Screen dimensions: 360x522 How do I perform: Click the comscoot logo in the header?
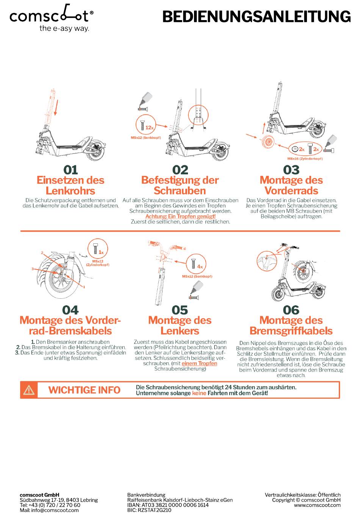click(x=52, y=18)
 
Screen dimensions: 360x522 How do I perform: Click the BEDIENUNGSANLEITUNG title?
click(x=256, y=17)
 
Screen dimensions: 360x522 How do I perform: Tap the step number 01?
click(x=70, y=170)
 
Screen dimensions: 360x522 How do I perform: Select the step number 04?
click(x=70, y=310)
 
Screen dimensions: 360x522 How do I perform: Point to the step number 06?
click(x=291, y=310)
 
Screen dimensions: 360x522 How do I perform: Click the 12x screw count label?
click(x=149, y=127)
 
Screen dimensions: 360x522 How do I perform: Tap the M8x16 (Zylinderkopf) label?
click(x=305, y=159)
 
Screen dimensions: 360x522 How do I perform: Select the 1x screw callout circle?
click(x=98, y=249)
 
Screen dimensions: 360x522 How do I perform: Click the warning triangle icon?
click(x=29, y=390)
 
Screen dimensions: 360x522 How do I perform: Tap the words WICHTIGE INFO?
click(x=85, y=390)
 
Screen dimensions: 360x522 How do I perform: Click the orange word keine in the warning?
click(x=199, y=393)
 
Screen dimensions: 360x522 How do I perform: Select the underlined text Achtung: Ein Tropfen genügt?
click(x=180, y=216)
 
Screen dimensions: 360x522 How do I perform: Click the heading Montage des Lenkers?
click(x=180, y=326)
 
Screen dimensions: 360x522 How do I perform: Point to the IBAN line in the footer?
click(x=168, y=505)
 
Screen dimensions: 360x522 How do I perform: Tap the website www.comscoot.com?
click(x=317, y=505)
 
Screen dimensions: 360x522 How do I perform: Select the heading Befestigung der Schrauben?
click(x=180, y=185)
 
